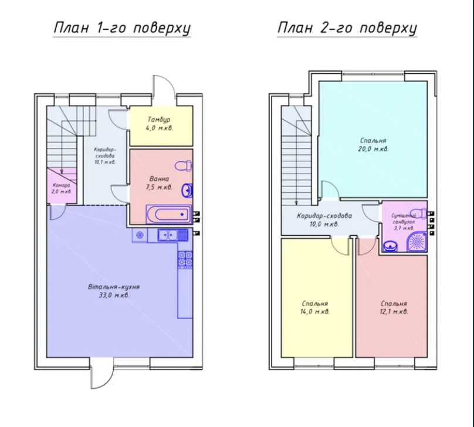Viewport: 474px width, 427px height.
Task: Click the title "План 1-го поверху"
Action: point(122,28)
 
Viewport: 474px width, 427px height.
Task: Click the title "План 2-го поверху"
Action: point(347,28)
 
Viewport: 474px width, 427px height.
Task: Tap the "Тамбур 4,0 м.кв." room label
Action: point(160,124)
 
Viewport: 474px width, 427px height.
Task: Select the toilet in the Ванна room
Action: point(183,166)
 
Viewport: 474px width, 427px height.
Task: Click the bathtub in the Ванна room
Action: point(169,214)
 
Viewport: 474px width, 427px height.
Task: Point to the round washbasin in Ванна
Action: point(187,191)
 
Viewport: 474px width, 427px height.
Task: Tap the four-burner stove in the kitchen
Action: point(185,259)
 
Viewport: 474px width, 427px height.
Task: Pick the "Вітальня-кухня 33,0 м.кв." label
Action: point(114,291)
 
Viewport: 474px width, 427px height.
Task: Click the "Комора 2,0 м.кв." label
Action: point(62,188)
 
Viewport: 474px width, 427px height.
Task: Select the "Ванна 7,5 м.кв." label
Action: point(160,183)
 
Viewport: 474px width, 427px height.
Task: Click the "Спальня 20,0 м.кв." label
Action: point(373,144)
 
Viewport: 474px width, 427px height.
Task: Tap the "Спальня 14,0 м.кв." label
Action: point(314,307)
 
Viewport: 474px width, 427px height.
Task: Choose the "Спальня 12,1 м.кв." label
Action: point(394,307)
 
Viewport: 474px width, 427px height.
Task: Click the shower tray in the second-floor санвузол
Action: point(417,242)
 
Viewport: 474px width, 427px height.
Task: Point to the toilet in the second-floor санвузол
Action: point(418,212)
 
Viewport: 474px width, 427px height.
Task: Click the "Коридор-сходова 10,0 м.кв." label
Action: point(324,220)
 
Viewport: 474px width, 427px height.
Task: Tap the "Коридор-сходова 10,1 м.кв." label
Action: point(104,155)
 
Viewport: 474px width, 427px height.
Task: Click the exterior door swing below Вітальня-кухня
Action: point(102,373)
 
